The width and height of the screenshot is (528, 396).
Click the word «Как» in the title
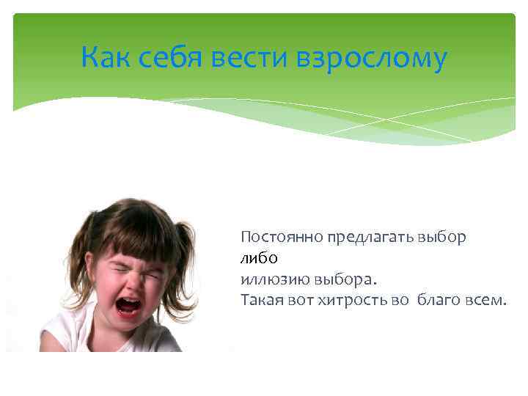point(106,57)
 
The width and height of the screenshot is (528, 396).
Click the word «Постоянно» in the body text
point(271,238)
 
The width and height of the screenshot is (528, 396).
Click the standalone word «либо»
point(259,258)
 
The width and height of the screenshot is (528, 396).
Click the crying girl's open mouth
point(128,305)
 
